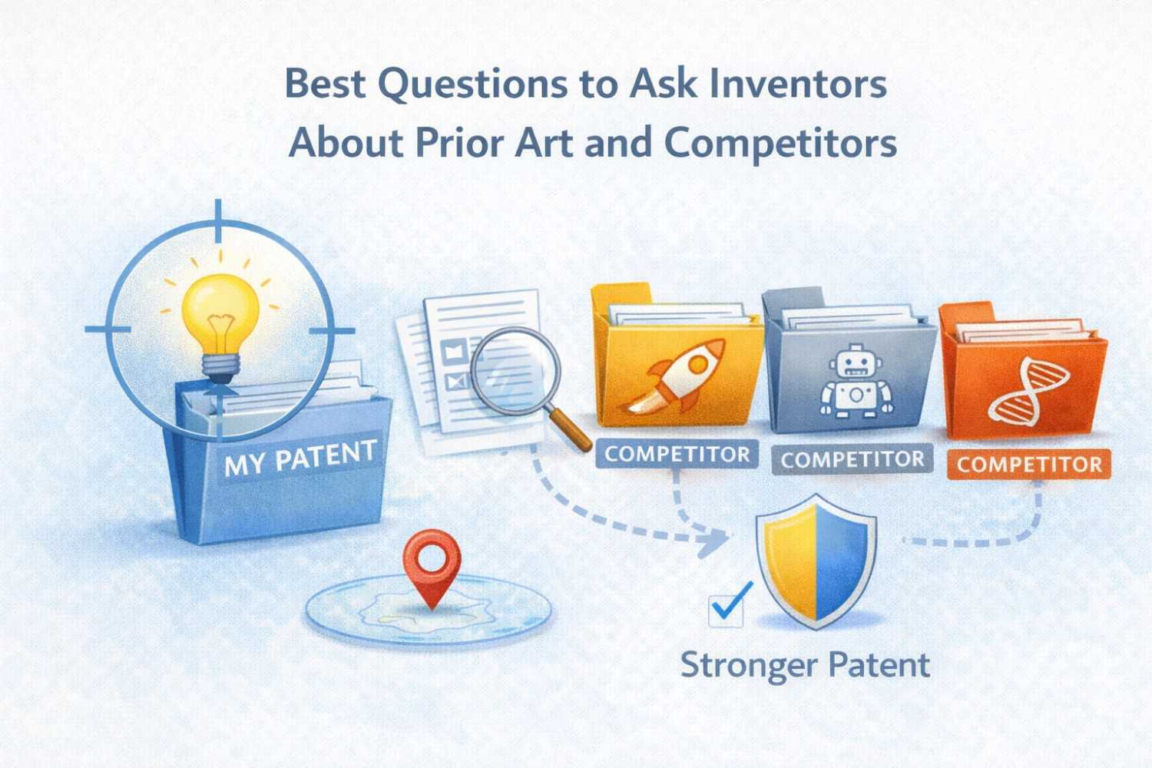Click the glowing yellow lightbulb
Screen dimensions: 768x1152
(220, 311)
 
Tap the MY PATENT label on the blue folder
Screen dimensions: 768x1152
(300, 458)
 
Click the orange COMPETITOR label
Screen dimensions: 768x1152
(1029, 465)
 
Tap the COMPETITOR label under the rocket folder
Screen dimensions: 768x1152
(677, 454)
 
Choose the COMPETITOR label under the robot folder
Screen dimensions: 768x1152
(852, 459)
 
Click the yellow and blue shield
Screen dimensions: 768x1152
(816, 560)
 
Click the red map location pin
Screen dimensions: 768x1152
(432, 566)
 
